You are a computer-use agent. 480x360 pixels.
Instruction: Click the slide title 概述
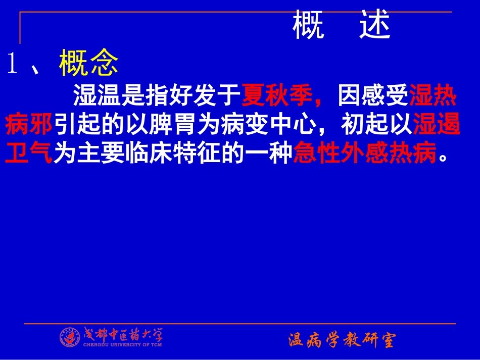[342, 27]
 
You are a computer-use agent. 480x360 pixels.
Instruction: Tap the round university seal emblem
[70, 337]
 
